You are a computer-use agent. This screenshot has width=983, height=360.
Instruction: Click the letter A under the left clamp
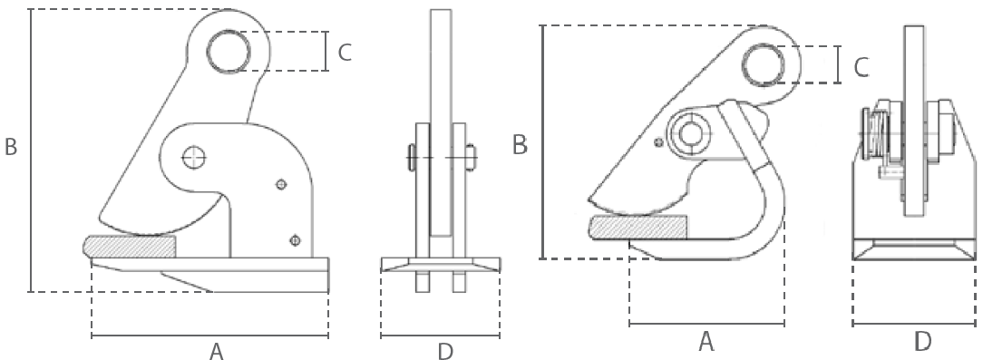(217, 351)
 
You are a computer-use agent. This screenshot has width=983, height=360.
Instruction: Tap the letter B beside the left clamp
(11, 147)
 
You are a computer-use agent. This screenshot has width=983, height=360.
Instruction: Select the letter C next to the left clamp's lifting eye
(345, 53)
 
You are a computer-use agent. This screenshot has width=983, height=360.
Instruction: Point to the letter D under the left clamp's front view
(444, 351)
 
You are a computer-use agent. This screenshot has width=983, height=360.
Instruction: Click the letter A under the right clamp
(706, 343)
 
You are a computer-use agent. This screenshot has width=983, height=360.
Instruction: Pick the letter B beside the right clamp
(520, 144)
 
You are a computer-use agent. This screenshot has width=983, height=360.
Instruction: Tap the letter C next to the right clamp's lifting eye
(862, 67)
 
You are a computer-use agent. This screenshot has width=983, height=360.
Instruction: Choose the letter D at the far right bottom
(922, 343)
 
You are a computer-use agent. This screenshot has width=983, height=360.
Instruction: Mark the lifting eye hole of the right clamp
(763, 64)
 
